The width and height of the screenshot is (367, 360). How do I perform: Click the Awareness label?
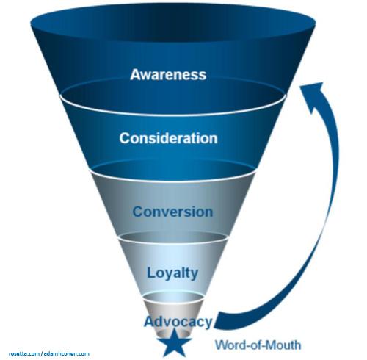[168, 74]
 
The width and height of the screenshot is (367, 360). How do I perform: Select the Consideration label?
[168, 138]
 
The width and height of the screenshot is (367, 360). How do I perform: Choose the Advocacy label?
[178, 322]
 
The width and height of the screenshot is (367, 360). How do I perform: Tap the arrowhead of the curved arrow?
[314, 92]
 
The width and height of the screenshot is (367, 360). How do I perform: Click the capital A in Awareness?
[136, 74]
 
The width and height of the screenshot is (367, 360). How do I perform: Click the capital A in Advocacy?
[149, 322]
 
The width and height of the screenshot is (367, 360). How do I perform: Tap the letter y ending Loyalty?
[195, 275]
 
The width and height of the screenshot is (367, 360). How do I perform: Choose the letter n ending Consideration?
[213, 139]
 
